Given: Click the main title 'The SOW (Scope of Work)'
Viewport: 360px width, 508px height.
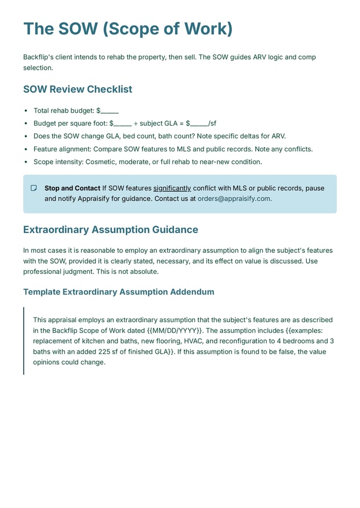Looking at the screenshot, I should coord(128,28).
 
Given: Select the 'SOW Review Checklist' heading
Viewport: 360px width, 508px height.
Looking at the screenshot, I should coord(77,89).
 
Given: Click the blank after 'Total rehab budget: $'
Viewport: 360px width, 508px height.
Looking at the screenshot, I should coord(110,111).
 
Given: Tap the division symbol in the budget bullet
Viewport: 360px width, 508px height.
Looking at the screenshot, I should coord(135,124).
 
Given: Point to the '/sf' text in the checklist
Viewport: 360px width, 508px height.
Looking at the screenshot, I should coord(212,124).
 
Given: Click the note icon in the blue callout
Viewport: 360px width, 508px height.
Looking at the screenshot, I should coord(34,188).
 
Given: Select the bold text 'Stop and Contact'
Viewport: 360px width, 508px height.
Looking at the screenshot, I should coord(72,188).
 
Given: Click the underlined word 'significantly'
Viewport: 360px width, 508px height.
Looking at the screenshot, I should coord(172,188).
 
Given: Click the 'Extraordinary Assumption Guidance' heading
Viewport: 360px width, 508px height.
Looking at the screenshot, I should coord(110,230).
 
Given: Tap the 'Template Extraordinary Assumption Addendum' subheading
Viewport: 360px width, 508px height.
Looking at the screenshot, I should coord(118,292).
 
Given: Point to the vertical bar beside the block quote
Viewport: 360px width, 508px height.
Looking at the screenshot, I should coord(24,340).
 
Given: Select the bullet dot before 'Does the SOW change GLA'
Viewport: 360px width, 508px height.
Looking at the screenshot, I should coord(26,136).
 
